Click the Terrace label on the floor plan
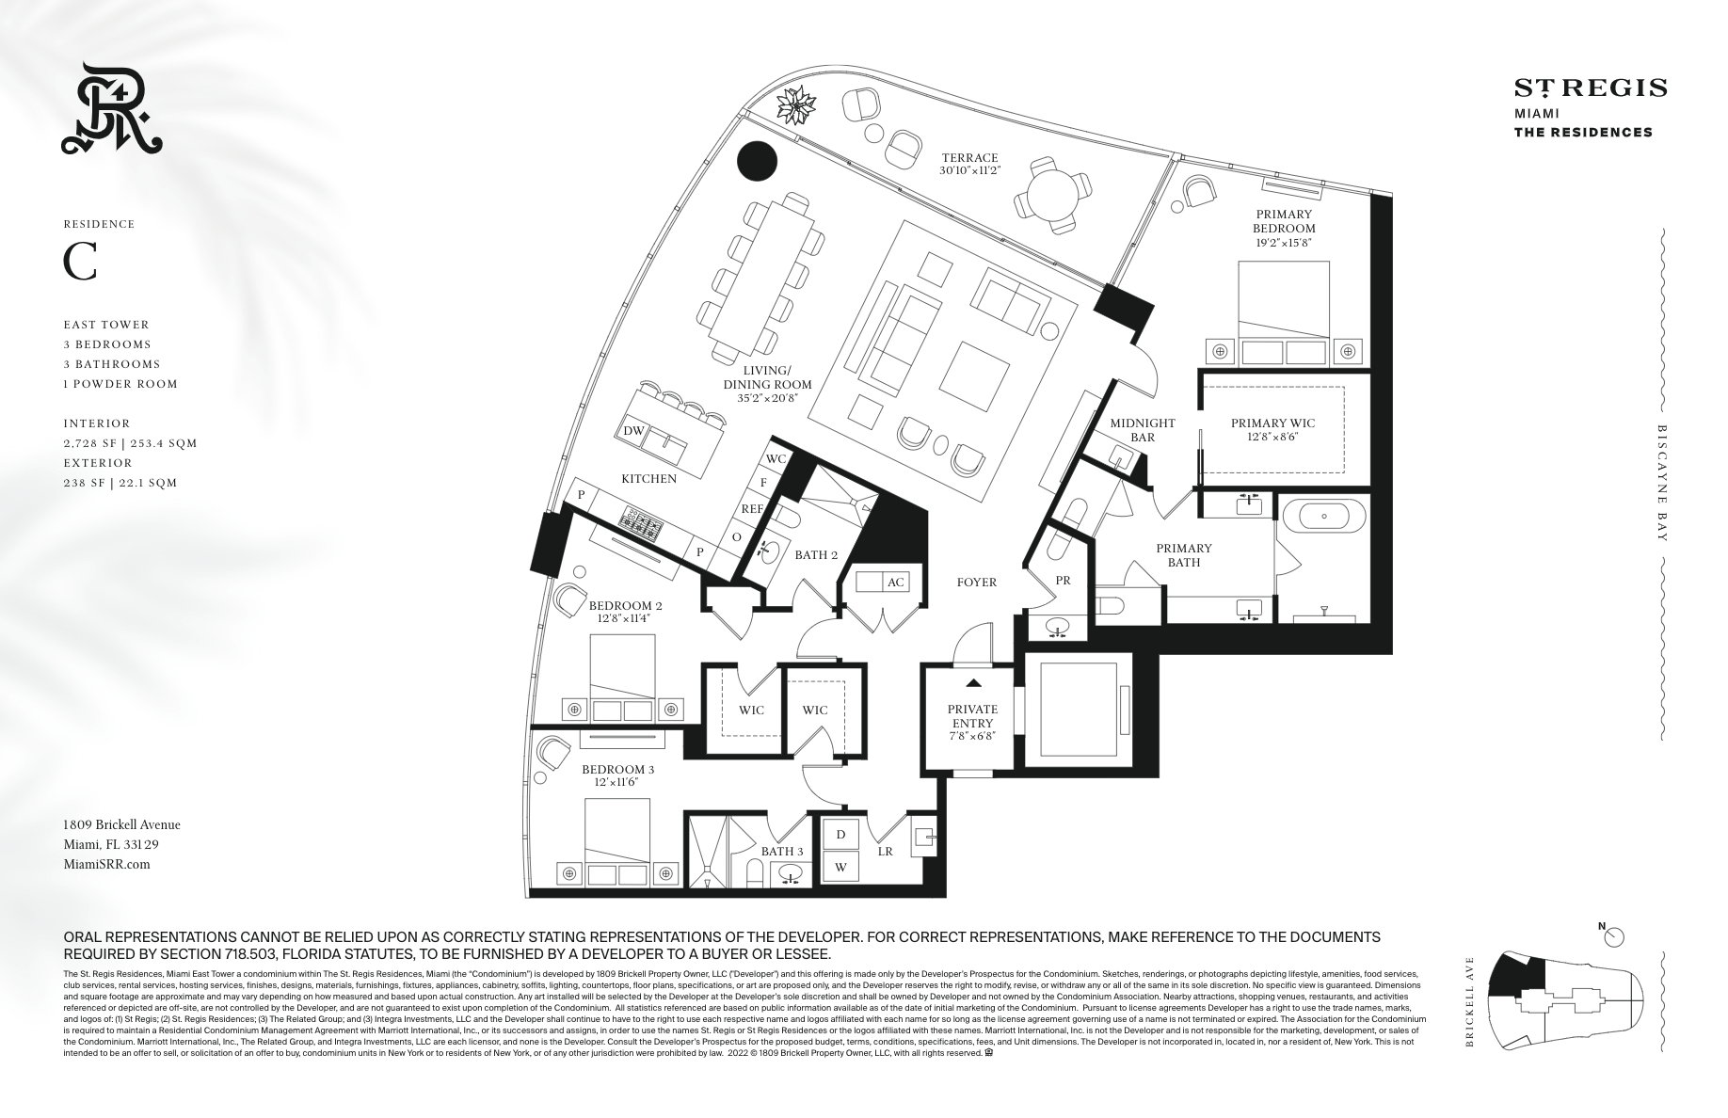pos(968,158)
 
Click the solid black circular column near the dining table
pos(758,161)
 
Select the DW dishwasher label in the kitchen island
pos(633,431)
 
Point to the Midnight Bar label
pos(1142,430)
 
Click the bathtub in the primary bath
pos(1324,517)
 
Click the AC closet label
pos(895,583)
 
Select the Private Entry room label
pos(972,716)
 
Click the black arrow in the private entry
pos(973,682)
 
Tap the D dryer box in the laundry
pos(840,835)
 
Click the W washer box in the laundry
pos(840,866)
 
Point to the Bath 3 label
pos(782,852)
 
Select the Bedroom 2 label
pos(625,605)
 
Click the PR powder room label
pos(1063,581)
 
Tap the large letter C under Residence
pos(80,263)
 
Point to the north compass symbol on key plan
pos(1615,936)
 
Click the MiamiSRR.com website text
pos(106,864)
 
